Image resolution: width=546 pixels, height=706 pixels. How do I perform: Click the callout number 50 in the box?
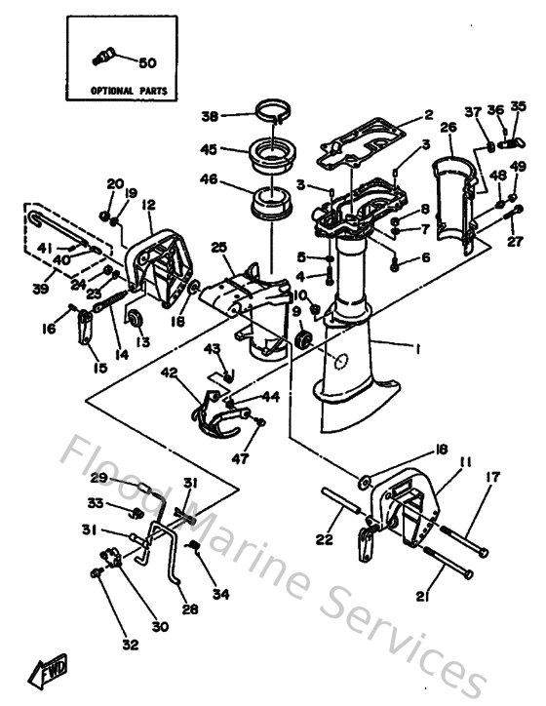tap(147, 63)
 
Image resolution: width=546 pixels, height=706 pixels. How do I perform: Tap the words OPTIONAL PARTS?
tap(130, 91)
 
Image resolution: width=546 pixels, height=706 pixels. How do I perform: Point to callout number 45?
tap(208, 149)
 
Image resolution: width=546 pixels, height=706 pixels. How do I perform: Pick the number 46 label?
tap(209, 180)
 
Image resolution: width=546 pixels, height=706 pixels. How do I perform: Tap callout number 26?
tap(448, 127)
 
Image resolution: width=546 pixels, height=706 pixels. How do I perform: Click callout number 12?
tap(148, 205)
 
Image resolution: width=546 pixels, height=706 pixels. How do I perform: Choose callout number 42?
tap(170, 372)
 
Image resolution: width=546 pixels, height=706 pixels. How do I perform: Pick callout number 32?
tap(129, 645)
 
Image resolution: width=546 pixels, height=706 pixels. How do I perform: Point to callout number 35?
tap(518, 106)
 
